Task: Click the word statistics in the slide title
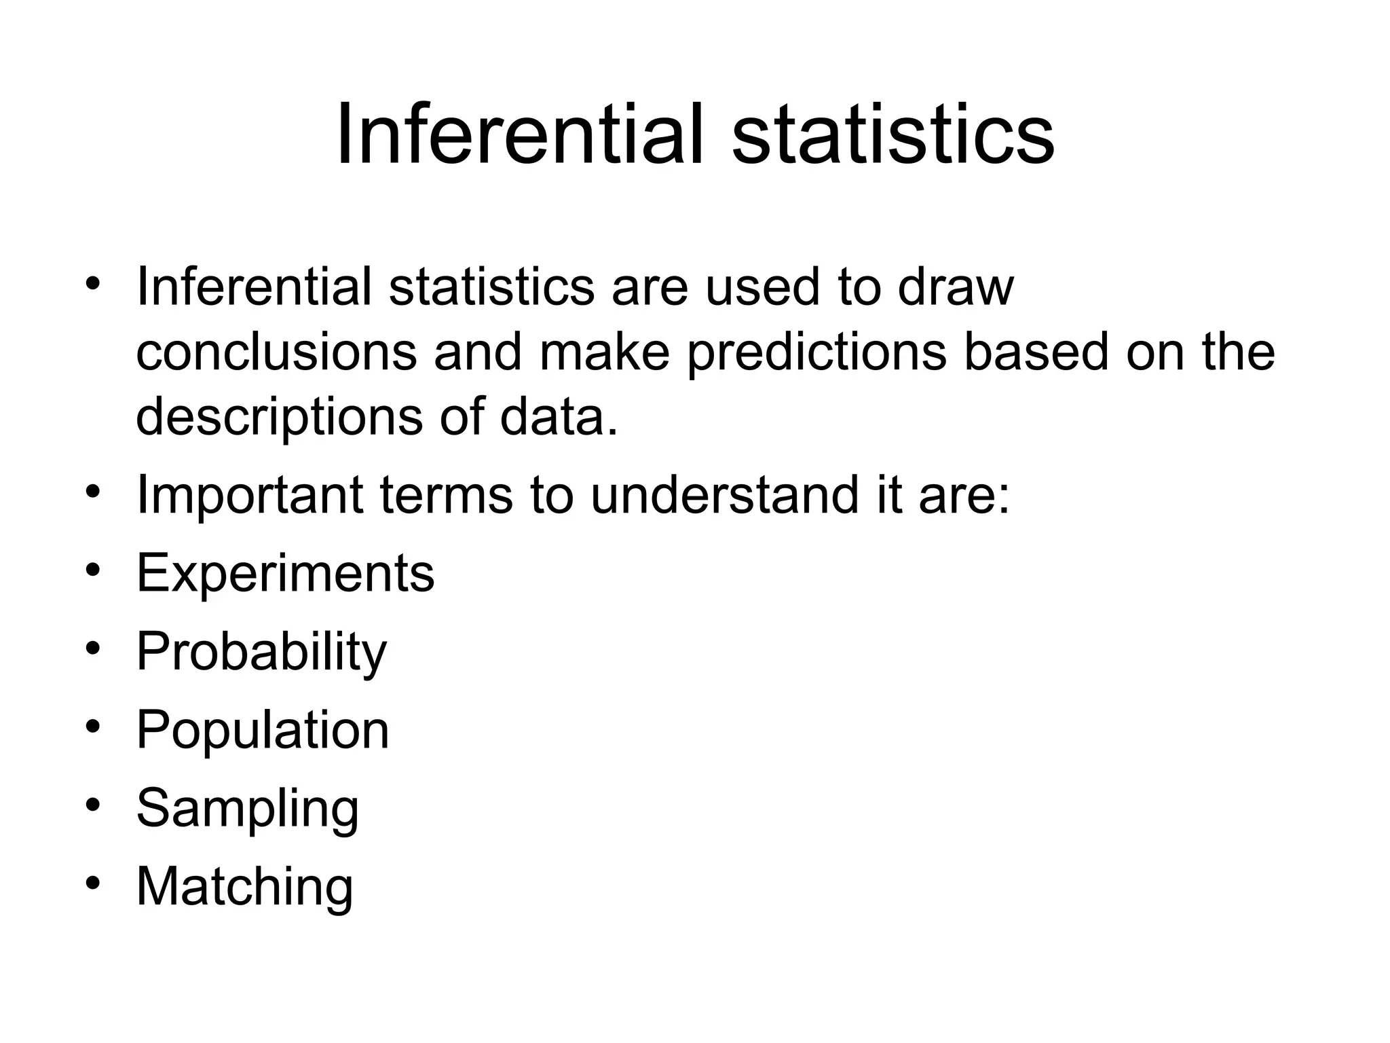893,134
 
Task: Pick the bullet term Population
263,730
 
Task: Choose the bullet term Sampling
247,808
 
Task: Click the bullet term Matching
244,886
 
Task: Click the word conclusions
276,352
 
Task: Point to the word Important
250,495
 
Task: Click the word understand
724,495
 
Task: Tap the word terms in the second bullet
446,495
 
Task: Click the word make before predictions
604,352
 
